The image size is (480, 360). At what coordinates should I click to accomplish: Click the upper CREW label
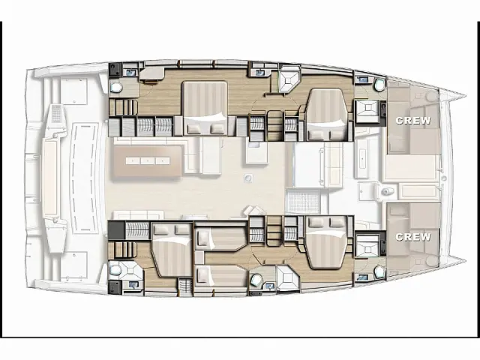[x=413, y=120]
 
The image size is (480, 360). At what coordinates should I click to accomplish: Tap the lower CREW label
[x=413, y=236]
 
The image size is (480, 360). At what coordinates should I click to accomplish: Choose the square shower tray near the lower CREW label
[x=369, y=245]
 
